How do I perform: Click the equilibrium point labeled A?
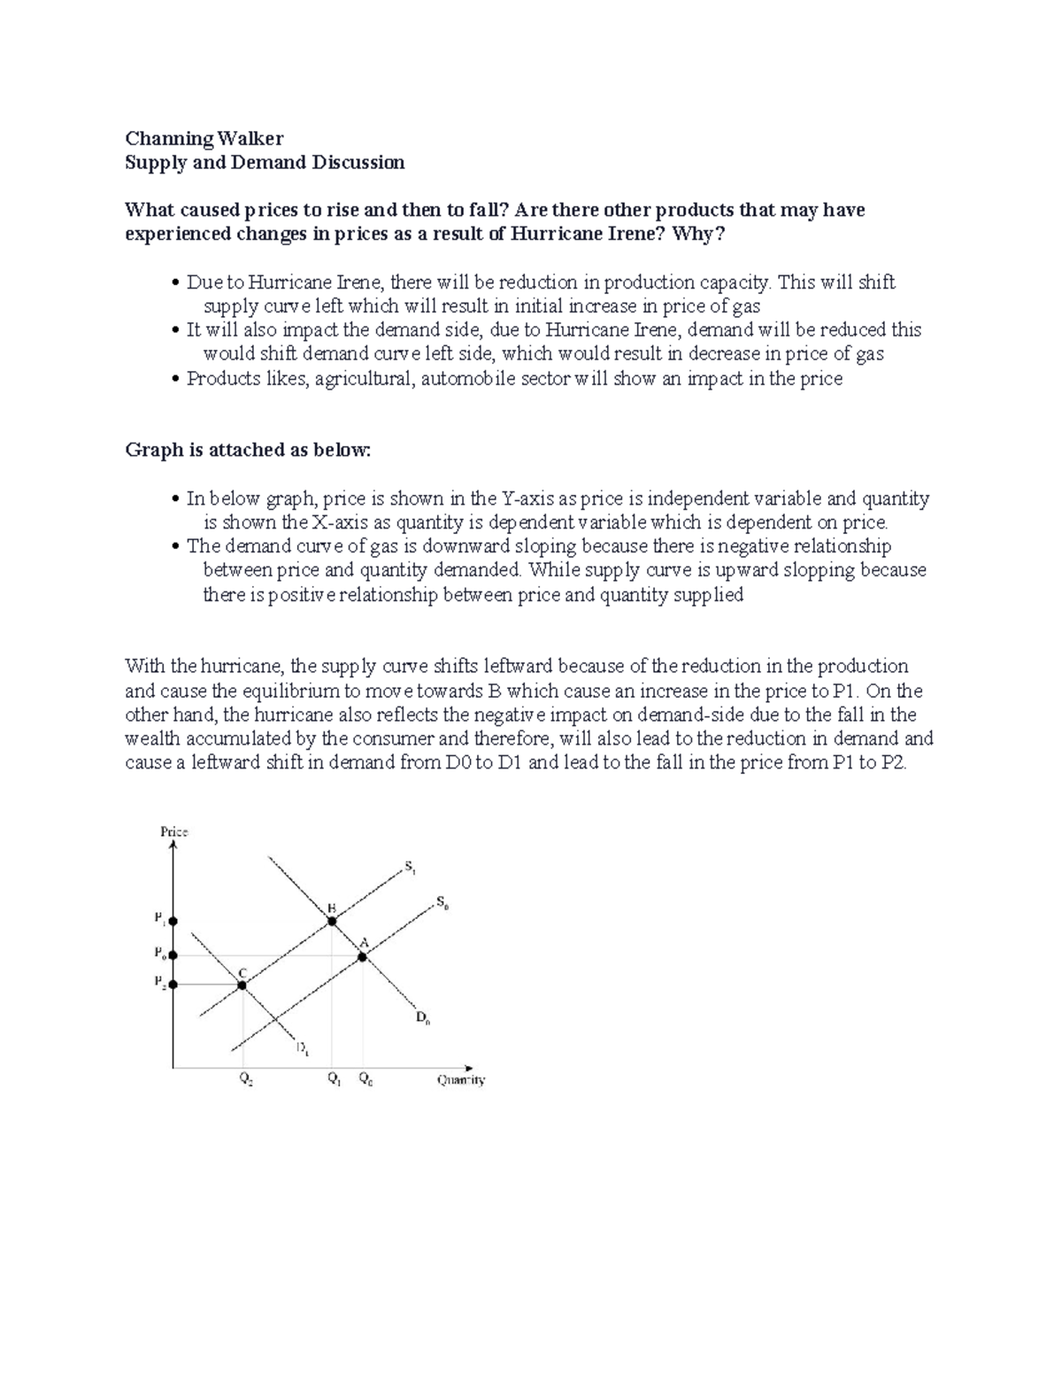click(x=362, y=956)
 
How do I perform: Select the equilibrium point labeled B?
click(x=332, y=922)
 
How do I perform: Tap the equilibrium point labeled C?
click(x=242, y=985)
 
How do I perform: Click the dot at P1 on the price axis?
click(x=173, y=922)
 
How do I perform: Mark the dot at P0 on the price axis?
click(x=173, y=955)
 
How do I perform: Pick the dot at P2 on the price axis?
click(x=173, y=984)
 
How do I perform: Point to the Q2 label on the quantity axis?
click(x=244, y=1079)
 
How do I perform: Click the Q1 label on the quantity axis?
click(x=333, y=1079)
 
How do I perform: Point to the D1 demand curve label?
click(x=303, y=1049)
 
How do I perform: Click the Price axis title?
click(x=173, y=831)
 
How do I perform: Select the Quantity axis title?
click(x=461, y=1079)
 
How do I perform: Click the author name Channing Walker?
click(x=204, y=138)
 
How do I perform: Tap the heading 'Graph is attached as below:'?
click(x=249, y=450)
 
